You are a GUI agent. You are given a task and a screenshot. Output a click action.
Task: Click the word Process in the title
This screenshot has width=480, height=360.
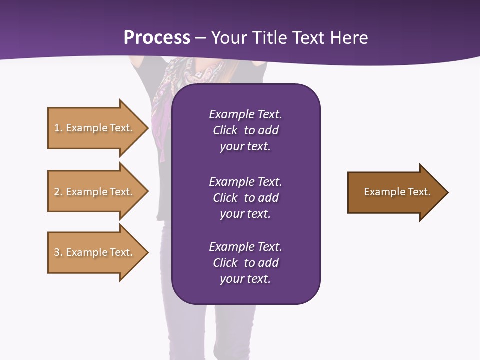[157, 38]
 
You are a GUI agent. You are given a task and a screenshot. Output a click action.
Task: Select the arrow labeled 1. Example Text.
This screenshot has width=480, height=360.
[95, 128]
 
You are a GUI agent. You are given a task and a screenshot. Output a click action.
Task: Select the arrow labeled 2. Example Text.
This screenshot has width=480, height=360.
[95, 192]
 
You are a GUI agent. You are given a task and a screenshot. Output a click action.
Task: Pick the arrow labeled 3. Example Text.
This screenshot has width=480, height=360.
[95, 252]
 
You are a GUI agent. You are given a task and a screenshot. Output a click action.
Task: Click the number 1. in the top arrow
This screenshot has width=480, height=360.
[58, 128]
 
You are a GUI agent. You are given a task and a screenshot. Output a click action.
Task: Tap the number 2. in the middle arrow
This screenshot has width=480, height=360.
[58, 192]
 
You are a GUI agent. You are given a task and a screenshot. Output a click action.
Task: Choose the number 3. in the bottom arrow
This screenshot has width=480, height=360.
[58, 252]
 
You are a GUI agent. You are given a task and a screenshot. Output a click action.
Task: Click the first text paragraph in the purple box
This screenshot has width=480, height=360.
[245, 130]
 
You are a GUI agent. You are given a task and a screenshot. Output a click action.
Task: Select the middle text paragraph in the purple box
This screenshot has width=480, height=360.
[245, 198]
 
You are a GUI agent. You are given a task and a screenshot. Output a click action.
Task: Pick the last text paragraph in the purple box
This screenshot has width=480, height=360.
[245, 263]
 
